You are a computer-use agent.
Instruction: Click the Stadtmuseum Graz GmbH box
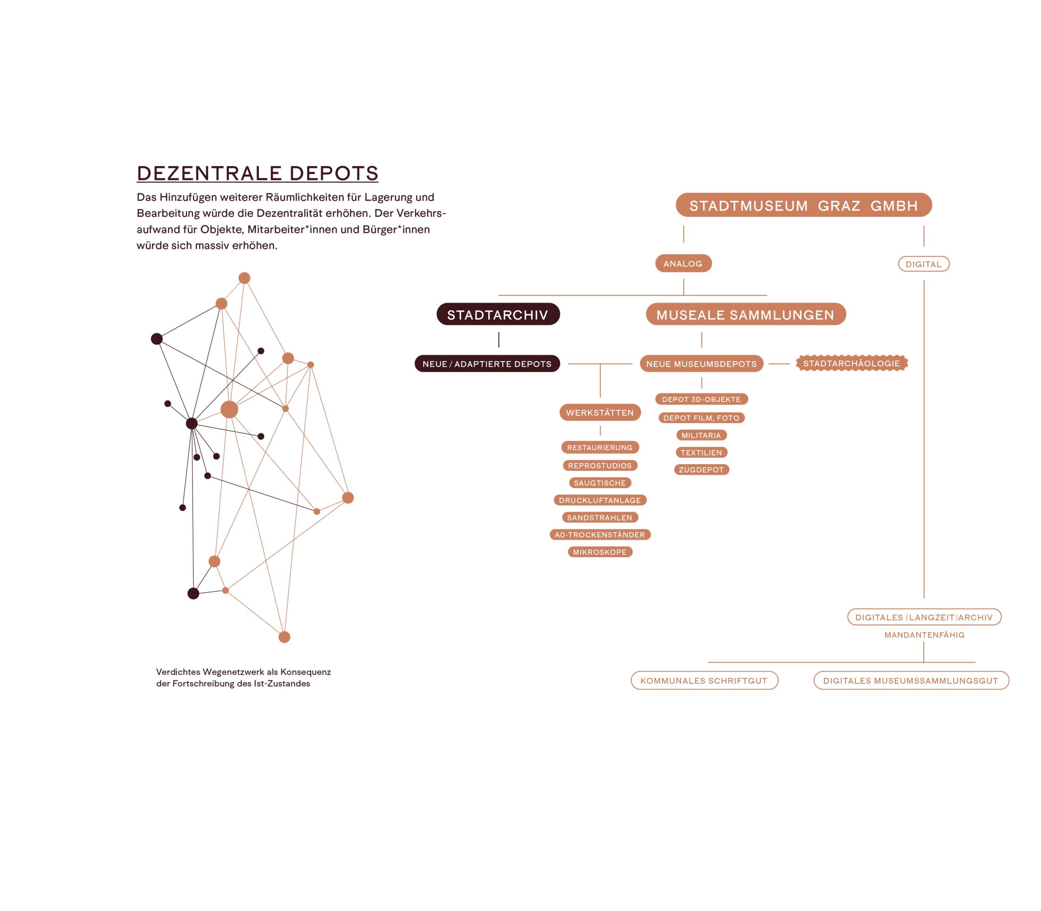click(804, 205)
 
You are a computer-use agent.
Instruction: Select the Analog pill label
click(683, 264)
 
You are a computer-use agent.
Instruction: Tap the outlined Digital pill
click(923, 264)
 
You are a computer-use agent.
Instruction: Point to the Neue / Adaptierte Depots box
click(487, 364)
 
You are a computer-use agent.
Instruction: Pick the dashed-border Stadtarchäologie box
click(852, 363)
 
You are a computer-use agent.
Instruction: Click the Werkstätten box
click(600, 412)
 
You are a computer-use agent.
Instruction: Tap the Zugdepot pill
click(701, 470)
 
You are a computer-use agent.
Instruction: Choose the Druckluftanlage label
click(600, 500)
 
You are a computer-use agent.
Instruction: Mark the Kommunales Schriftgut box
click(704, 680)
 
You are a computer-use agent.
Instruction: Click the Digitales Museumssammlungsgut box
click(911, 680)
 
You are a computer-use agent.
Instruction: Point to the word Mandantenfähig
click(924, 635)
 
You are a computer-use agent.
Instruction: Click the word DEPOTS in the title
click(334, 173)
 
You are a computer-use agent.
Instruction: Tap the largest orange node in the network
click(229, 409)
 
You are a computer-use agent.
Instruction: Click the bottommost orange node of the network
click(285, 637)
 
